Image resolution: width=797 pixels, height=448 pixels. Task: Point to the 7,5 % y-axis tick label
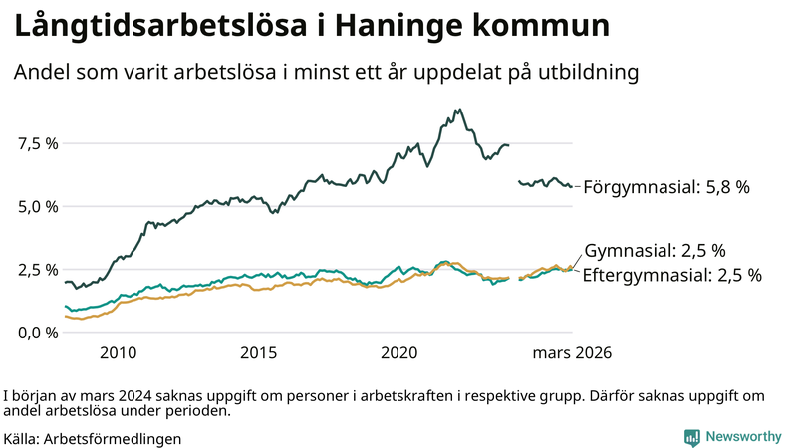(38, 143)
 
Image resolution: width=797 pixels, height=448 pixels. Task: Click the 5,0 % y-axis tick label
(38, 206)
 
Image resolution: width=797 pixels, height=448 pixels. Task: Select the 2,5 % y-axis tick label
(38, 269)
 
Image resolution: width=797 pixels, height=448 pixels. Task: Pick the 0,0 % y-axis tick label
(38, 332)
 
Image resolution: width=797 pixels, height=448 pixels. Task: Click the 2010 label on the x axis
(118, 353)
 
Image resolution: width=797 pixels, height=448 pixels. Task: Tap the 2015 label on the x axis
(258, 353)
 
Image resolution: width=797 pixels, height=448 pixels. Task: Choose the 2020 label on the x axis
(398, 353)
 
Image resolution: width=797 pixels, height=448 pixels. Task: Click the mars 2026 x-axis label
(572, 353)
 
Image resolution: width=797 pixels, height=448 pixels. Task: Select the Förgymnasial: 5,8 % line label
(665, 186)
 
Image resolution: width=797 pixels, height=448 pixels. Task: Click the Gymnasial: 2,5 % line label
(654, 250)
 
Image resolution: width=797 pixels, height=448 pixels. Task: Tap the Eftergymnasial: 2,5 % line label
(671, 275)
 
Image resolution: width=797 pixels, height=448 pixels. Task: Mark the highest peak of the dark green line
(457, 110)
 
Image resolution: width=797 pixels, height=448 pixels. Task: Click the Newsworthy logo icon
(691, 437)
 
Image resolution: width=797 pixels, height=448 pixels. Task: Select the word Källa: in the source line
(22, 438)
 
